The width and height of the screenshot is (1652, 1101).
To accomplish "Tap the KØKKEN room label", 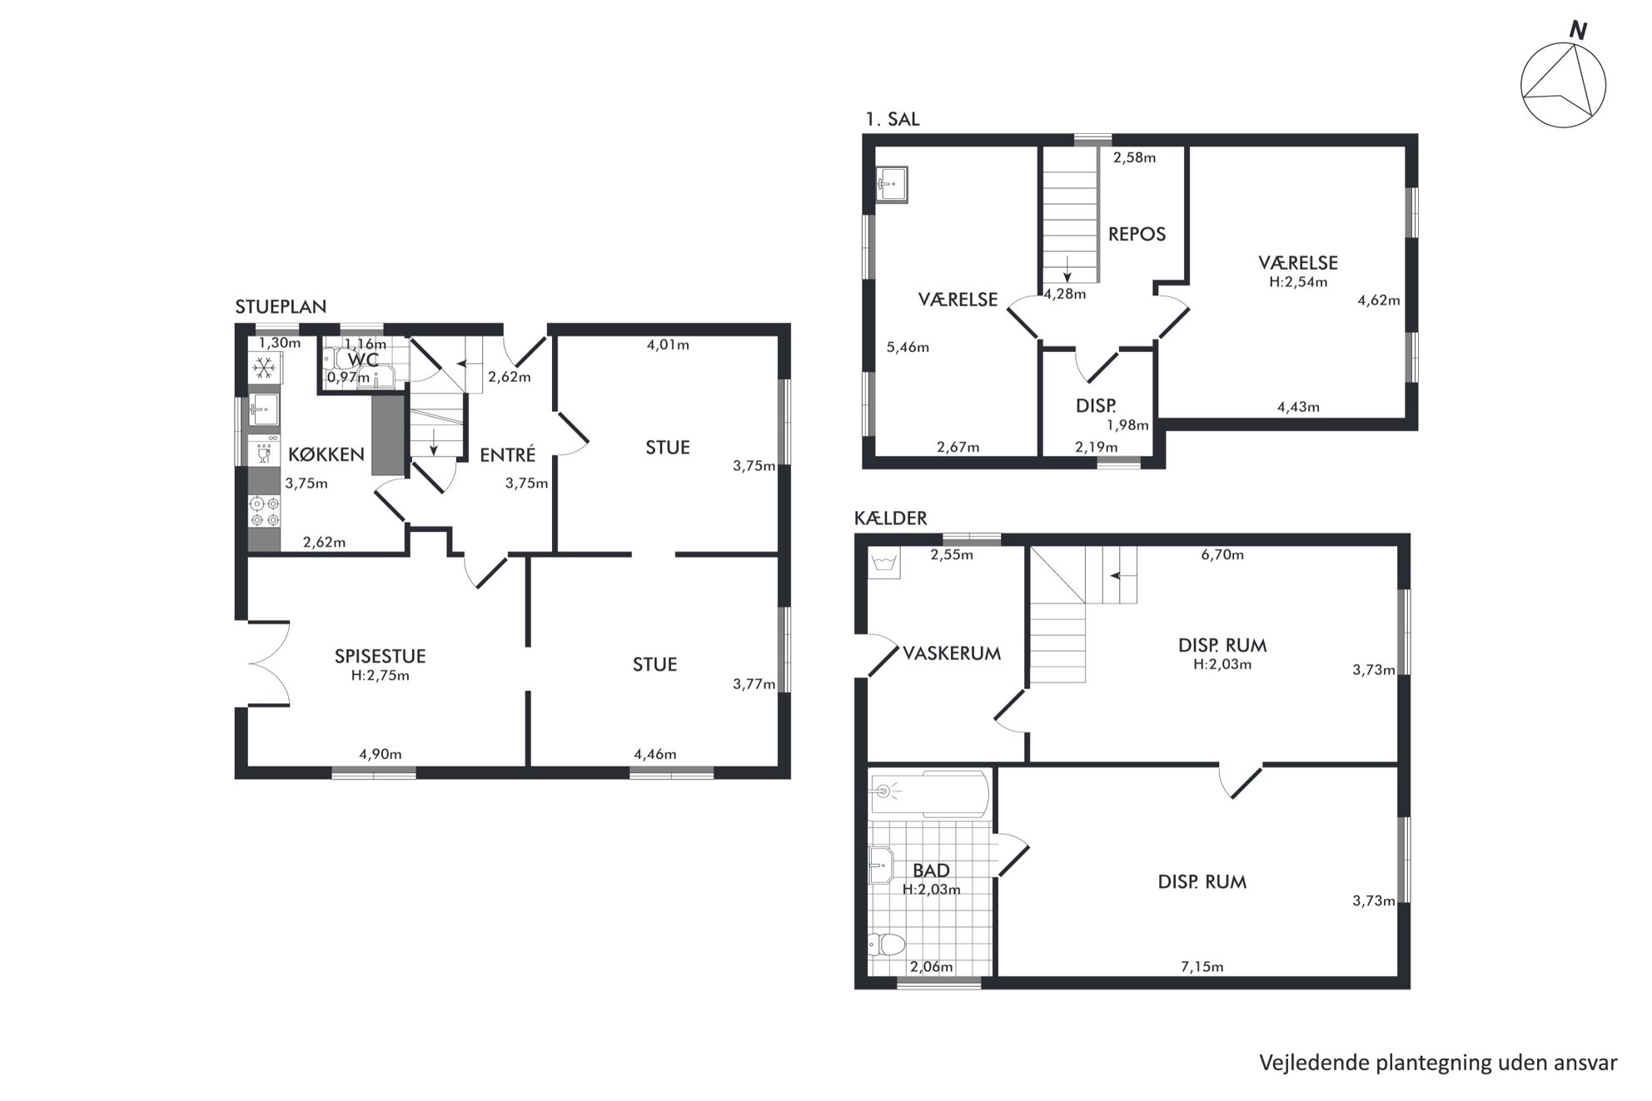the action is click(x=326, y=454).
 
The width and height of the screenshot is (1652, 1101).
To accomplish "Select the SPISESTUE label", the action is click(x=380, y=656).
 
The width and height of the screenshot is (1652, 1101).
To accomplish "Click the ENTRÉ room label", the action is click(x=507, y=454).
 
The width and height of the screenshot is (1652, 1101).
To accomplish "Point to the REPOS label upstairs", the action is click(x=1137, y=234).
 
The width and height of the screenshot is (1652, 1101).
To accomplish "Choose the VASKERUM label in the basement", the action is click(x=952, y=653).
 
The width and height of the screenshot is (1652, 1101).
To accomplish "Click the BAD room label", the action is click(x=931, y=870).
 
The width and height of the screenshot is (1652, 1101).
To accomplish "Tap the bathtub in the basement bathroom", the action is click(x=928, y=794).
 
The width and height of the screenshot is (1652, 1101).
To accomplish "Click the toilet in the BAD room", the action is click(x=885, y=945).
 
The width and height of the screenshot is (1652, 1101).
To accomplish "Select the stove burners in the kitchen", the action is click(x=265, y=511).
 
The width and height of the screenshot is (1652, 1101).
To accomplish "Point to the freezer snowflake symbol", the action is click(x=265, y=367).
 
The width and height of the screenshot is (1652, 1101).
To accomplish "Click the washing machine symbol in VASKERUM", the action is click(x=883, y=563).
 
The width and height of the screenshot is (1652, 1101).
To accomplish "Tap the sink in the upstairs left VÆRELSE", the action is click(x=891, y=185).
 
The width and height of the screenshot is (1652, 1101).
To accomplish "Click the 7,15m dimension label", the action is click(x=1202, y=966).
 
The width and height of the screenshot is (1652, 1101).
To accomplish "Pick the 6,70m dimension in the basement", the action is click(x=1222, y=554).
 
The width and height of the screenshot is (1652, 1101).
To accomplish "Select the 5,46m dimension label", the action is click(x=908, y=347).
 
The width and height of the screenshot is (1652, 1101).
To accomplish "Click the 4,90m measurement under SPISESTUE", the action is click(x=381, y=754).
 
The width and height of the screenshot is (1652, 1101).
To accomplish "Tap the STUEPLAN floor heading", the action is click(x=281, y=306).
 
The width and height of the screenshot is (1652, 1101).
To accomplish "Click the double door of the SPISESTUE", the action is click(x=268, y=663).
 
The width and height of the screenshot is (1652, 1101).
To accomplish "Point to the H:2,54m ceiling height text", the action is click(x=1298, y=281).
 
